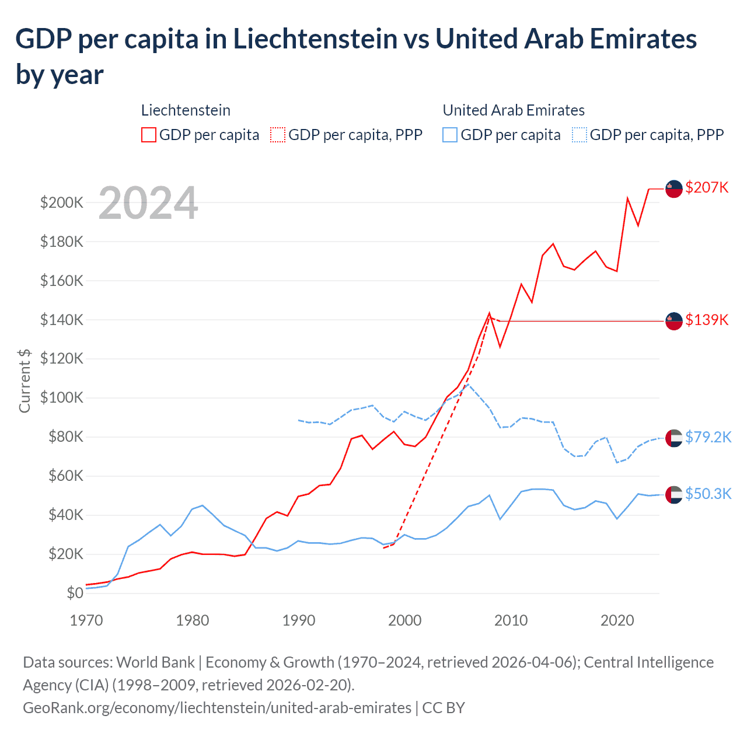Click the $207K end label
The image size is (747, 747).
click(707, 187)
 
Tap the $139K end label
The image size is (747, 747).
click(707, 320)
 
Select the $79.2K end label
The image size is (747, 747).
click(708, 437)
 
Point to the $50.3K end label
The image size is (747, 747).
click(708, 494)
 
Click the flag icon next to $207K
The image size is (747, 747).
click(674, 189)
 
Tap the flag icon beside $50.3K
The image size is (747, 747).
click(674, 494)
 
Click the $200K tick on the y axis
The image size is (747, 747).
click(62, 203)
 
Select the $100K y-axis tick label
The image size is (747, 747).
click(62, 397)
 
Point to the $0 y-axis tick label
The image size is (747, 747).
click(75, 593)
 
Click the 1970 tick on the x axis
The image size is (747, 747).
click(86, 620)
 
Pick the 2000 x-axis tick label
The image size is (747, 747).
click(404, 620)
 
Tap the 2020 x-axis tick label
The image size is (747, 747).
click(617, 620)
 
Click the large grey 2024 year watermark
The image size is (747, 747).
click(148, 203)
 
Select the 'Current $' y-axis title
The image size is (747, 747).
click(25, 381)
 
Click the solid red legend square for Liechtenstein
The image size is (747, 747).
click(149, 135)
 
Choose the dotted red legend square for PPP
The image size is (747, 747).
click(278, 135)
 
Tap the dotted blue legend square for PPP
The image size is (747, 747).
click(580, 135)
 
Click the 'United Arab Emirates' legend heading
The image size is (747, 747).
click(514, 110)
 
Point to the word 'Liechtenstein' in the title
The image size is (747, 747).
click(316, 39)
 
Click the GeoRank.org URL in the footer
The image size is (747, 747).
click(217, 708)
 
